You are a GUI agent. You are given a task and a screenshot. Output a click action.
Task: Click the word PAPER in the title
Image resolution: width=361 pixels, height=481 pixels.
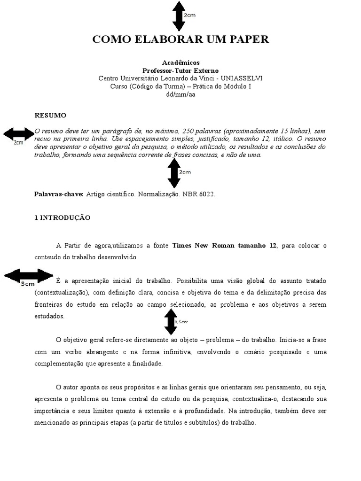click(249, 39)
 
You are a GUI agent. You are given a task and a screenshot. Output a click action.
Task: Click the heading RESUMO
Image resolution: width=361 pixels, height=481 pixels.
click(51, 115)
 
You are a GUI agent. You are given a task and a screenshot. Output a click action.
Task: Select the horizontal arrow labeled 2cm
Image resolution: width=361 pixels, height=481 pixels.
click(18, 134)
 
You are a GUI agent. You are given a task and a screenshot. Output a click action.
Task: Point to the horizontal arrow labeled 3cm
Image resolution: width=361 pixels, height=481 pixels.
click(28, 278)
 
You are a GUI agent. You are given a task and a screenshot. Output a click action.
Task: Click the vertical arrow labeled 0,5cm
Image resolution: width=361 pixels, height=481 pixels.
click(171, 322)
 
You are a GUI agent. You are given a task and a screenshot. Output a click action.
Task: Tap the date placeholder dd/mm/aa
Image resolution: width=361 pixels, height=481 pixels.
click(180, 94)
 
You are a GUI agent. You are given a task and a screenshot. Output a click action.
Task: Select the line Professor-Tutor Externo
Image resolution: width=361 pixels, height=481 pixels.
click(180, 70)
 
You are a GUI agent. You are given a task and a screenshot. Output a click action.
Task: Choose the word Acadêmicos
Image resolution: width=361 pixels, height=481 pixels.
click(180, 62)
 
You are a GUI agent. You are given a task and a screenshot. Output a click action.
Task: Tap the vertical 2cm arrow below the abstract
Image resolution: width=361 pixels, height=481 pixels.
click(174, 173)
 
